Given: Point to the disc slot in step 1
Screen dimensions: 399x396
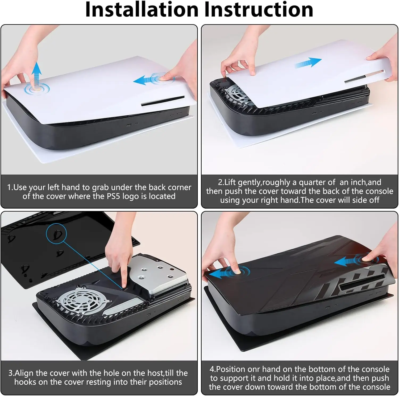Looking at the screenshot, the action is tap(163, 101).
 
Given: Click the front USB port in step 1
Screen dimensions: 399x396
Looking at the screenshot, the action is tap(129, 125).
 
